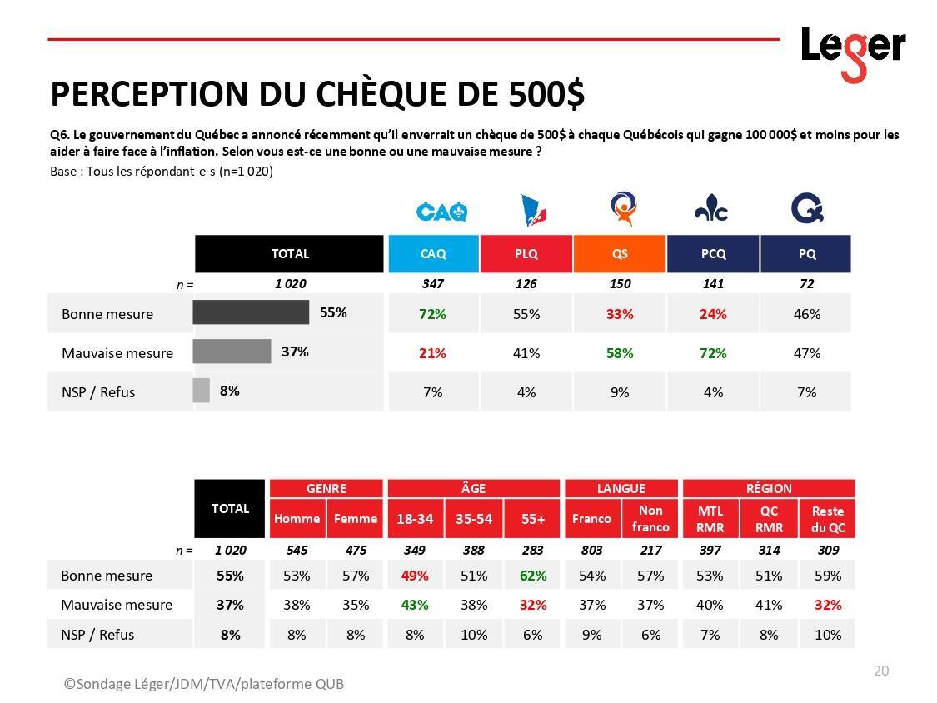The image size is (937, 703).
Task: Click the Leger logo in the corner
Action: click(x=853, y=51)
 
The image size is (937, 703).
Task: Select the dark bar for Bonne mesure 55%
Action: click(x=251, y=312)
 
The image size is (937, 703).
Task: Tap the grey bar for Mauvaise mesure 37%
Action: click(x=232, y=351)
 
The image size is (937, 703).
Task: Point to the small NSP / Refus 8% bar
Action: click(x=201, y=391)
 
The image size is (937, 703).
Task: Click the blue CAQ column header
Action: click(x=433, y=254)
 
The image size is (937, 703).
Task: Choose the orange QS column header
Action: click(x=620, y=254)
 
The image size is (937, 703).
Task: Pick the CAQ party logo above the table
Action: click(x=441, y=212)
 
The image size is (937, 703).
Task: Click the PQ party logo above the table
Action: click(x=806, y=209)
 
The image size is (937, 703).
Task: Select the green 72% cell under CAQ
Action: click(x=433, y=314)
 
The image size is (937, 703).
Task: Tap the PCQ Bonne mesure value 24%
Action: click(x=713, y=314)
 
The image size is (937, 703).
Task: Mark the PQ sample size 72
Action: click(x=806, y=283)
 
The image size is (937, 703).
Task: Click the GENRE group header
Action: click(x=326, y=488)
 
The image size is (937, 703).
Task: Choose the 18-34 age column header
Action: click(x=415, y=519)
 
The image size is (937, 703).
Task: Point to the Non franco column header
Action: click(x=650, y=519)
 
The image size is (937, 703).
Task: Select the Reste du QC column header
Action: click(x=828, y=519)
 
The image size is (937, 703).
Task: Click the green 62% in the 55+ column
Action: click(x=533, y=576)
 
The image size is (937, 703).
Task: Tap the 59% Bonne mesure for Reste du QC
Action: click(x=828, y=576)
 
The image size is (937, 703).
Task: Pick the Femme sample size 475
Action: click(x=356, y=550)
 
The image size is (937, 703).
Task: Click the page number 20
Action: click(x=881, y=671)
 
